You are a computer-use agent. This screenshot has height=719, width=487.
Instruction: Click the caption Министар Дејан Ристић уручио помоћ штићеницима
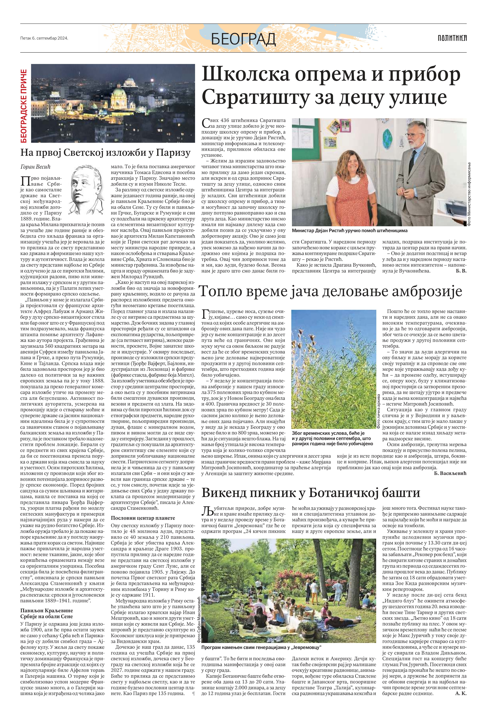[x=350, y=231]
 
